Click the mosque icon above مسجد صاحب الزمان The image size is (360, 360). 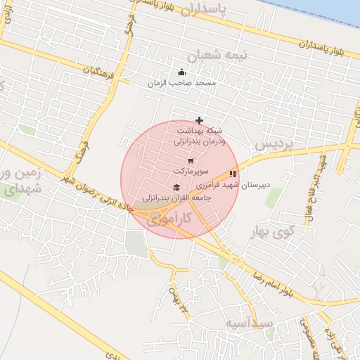point(181,72)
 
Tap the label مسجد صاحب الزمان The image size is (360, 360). point(181,83)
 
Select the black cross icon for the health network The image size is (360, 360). point(200,120)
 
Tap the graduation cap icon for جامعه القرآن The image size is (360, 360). point(176,187)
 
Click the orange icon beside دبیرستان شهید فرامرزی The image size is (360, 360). point(233,174)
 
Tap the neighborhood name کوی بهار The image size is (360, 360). point(275,231)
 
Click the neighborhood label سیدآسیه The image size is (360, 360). point(245,323)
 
